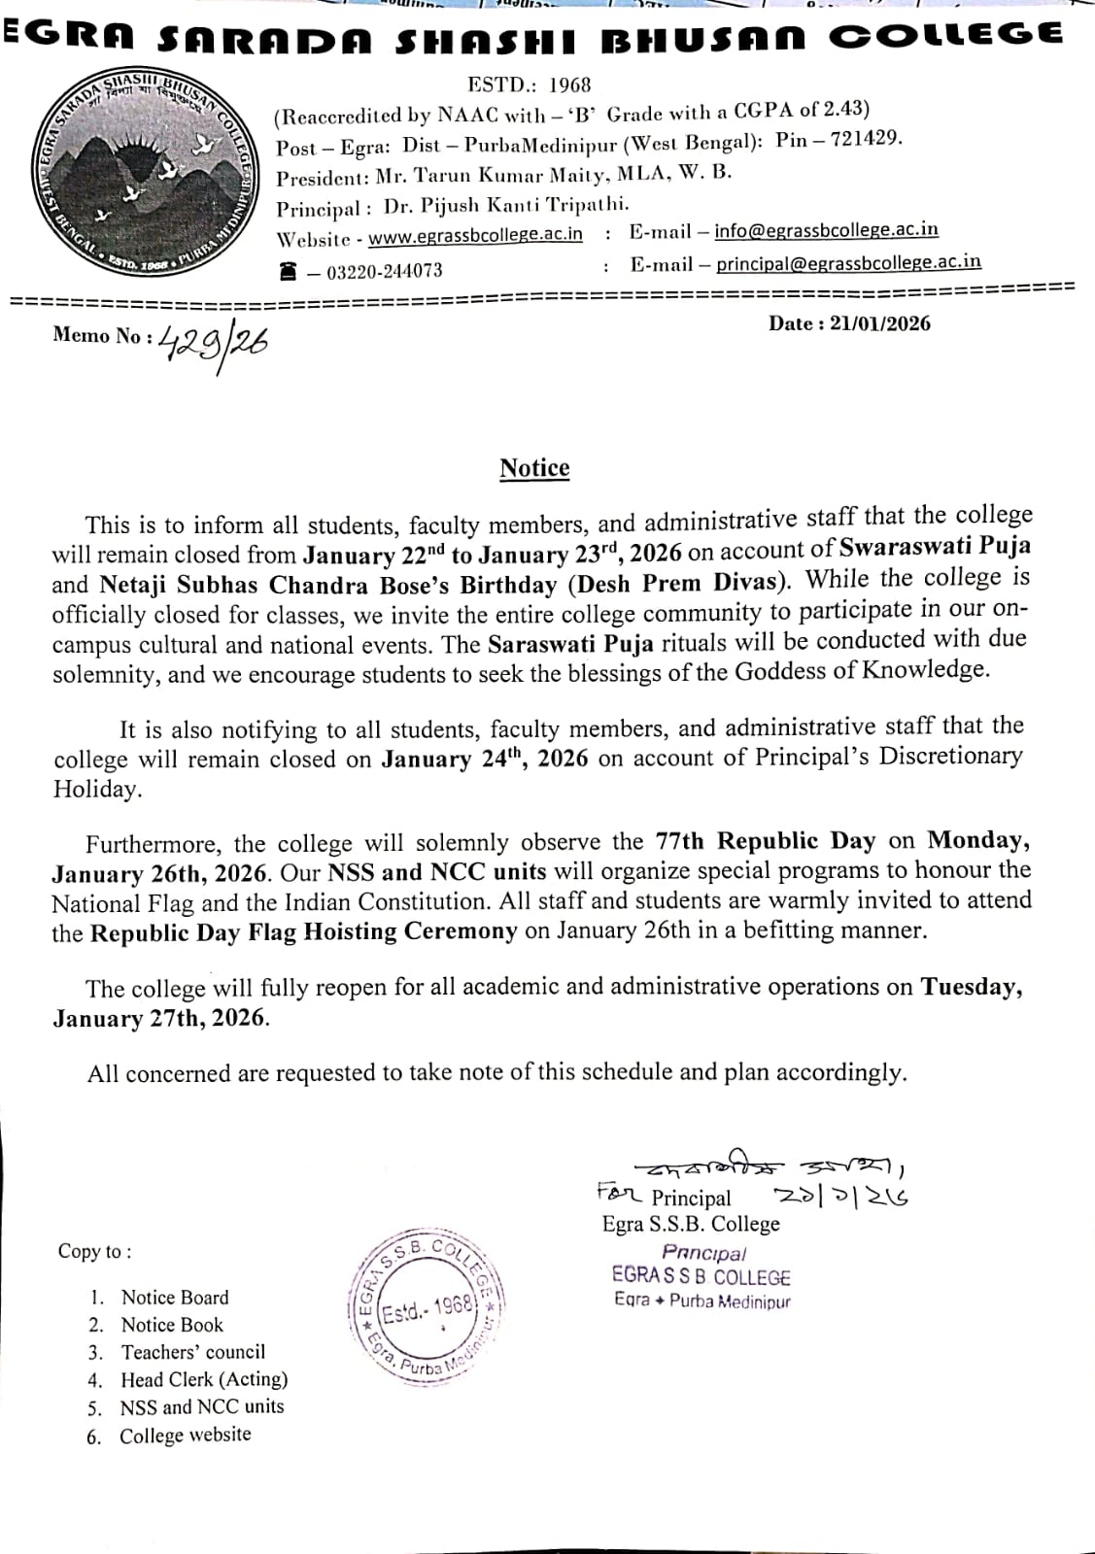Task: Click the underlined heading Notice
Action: pos(534,468)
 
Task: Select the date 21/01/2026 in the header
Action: pos(879,323)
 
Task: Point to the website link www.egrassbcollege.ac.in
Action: pos(475,235)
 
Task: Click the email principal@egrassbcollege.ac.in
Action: pos(848,262)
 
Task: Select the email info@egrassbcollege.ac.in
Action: pos(826,230)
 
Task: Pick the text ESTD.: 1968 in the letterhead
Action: pos(529,85)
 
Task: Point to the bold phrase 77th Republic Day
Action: pos(765,841)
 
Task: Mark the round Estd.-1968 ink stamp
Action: pos(426,1308)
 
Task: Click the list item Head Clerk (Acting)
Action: pos(204,1379)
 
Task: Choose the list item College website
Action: pos(185,1435)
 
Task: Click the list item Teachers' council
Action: pos(192,1352)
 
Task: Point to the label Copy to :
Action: pos(94,1251)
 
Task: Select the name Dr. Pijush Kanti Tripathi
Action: pos(506,206)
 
